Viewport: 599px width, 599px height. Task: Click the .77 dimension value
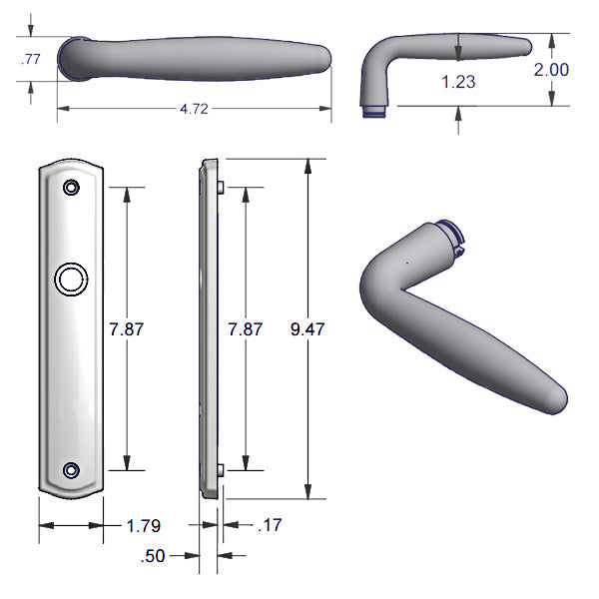[x=31, y=60]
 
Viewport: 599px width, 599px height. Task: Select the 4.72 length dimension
[x=194, y=109]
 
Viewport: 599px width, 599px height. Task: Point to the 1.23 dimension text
[x=458, y=83]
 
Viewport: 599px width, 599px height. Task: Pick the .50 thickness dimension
[x=154, y=556]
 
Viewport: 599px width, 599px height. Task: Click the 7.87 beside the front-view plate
[x=126, y=328]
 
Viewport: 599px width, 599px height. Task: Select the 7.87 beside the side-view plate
[x=246, y=328]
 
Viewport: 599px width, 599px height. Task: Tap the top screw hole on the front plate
[x=71, y=188]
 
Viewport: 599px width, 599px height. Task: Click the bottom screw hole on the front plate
[x=71, y=470]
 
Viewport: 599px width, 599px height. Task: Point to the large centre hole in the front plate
[x=71, y=280]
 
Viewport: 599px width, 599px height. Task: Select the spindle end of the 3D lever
[x=452, y=237]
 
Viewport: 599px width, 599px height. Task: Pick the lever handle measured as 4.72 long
[x=194, y=57]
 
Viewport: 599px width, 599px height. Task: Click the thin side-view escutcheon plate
[x=209, y=328]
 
